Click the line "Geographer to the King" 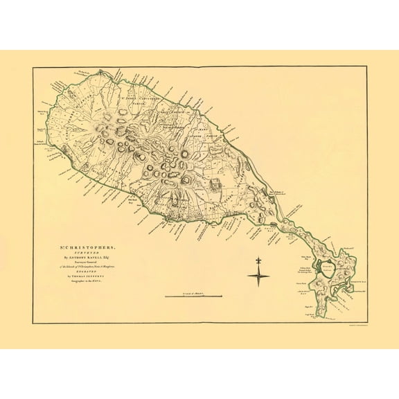83,282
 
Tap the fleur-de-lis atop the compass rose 259,264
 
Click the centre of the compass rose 259,276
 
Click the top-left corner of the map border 33,67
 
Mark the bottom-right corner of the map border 366,323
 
